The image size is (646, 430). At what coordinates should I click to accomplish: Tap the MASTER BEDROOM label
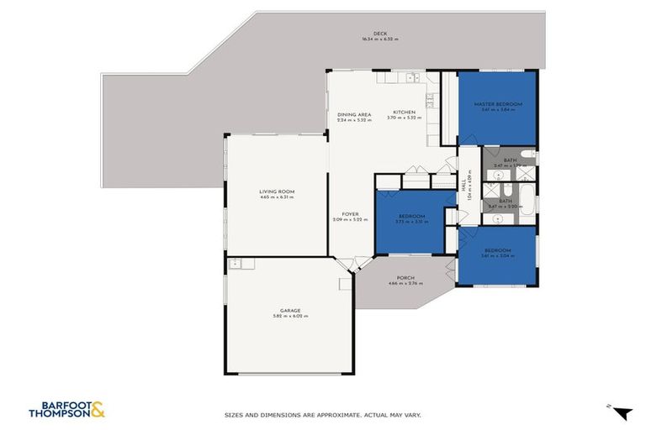point(497,104)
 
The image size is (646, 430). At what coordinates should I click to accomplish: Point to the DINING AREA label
point(354,114)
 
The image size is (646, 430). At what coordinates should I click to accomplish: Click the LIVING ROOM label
point(276,191)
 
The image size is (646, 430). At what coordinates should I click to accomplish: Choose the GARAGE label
point(290,310)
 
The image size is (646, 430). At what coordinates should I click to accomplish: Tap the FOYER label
point(350,214)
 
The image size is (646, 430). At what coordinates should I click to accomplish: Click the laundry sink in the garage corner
point(236,264)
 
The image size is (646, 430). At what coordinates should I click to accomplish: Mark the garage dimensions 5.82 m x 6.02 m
point(290,316)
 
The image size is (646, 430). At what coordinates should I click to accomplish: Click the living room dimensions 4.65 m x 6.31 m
point(276,197)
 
